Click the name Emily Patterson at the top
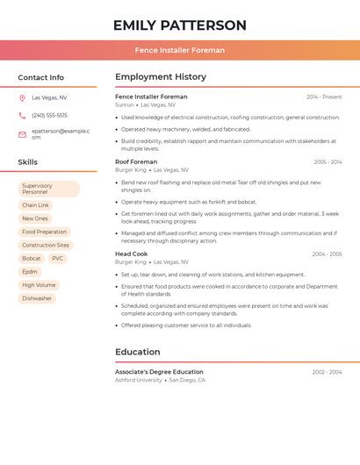(x=180, y=25)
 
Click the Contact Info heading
(x=40, y=77)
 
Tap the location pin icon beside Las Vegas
(x=22, y=97)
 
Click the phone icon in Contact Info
(x=22, y=116)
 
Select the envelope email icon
(x=22, y=134)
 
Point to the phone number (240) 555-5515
(x=49, y=116)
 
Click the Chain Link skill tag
(x=35, y=205)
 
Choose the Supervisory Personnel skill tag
(x=48, y=190)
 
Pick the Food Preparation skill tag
(x=44, y=232)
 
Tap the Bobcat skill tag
(x=32, y=259)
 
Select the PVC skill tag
(x=58, y=259)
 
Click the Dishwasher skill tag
(x=37, y=298)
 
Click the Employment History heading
(x=161, y=77)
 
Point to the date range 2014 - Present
(x=323, y=97)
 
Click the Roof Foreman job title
(x=136, y=161)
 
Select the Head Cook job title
(x=132, y=254)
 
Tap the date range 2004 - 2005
(x=327, y=254)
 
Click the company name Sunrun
(x=125, y=104)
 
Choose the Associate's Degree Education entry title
(x=159, y=372)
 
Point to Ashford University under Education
(x=139, y=380)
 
